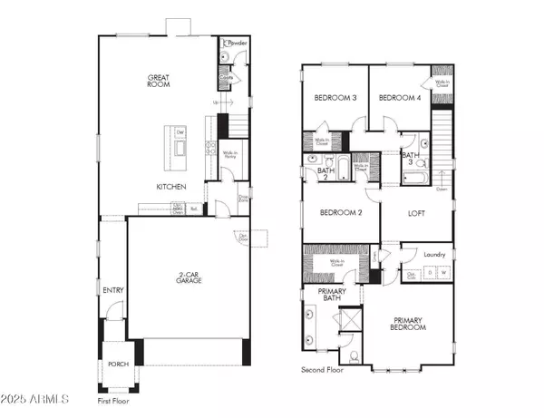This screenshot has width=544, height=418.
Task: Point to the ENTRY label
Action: tap(114, 290)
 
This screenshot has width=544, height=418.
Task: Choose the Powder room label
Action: tap(238, 43)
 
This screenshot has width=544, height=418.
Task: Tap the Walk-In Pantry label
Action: tap(231, 154)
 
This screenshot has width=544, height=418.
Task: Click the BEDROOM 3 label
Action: tap(335, 98)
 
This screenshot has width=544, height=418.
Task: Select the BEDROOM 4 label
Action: tap(397, 98)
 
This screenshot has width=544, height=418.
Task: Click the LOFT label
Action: tap(416, 214)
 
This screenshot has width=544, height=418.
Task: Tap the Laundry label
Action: tap(434, 255)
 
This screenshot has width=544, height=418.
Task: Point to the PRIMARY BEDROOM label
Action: tap(409, 324)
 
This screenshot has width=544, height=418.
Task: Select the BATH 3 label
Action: tap(412, 160)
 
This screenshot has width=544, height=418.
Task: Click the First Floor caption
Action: tap(118, 400)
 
